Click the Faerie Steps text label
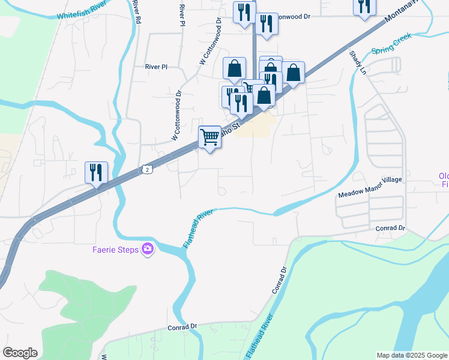click(x=115, y=250)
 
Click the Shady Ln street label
click(x=357, y=62)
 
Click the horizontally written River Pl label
click(x=155, y=67)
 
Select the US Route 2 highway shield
click(x=147, y=170)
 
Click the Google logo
click(x=20, y=353)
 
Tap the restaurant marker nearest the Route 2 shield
click(x=96, y=172)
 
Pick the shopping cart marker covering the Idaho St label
click(x=209, y=137)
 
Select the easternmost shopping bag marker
click(x=293, y=73)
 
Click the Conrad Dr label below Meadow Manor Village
click(x=391, y=229)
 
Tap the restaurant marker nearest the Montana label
click(x=364, y=6)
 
